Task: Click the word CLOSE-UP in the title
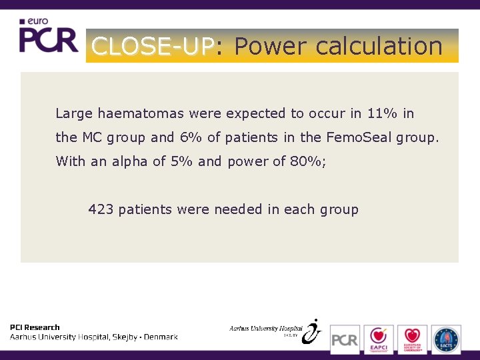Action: [x=153, y=47]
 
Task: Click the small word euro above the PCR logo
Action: [x=37, y=21]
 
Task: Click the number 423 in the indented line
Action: [x=101, y=210]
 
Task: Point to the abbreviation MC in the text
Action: [x=92, y=138]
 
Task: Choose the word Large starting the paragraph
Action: [x=71, y=113]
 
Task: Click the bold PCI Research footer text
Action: [x=35, y=327]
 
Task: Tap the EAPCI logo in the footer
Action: [x=379, y=339]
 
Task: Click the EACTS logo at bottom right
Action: [x=446, y=339]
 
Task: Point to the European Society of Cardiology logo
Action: [x=413, y=339]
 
